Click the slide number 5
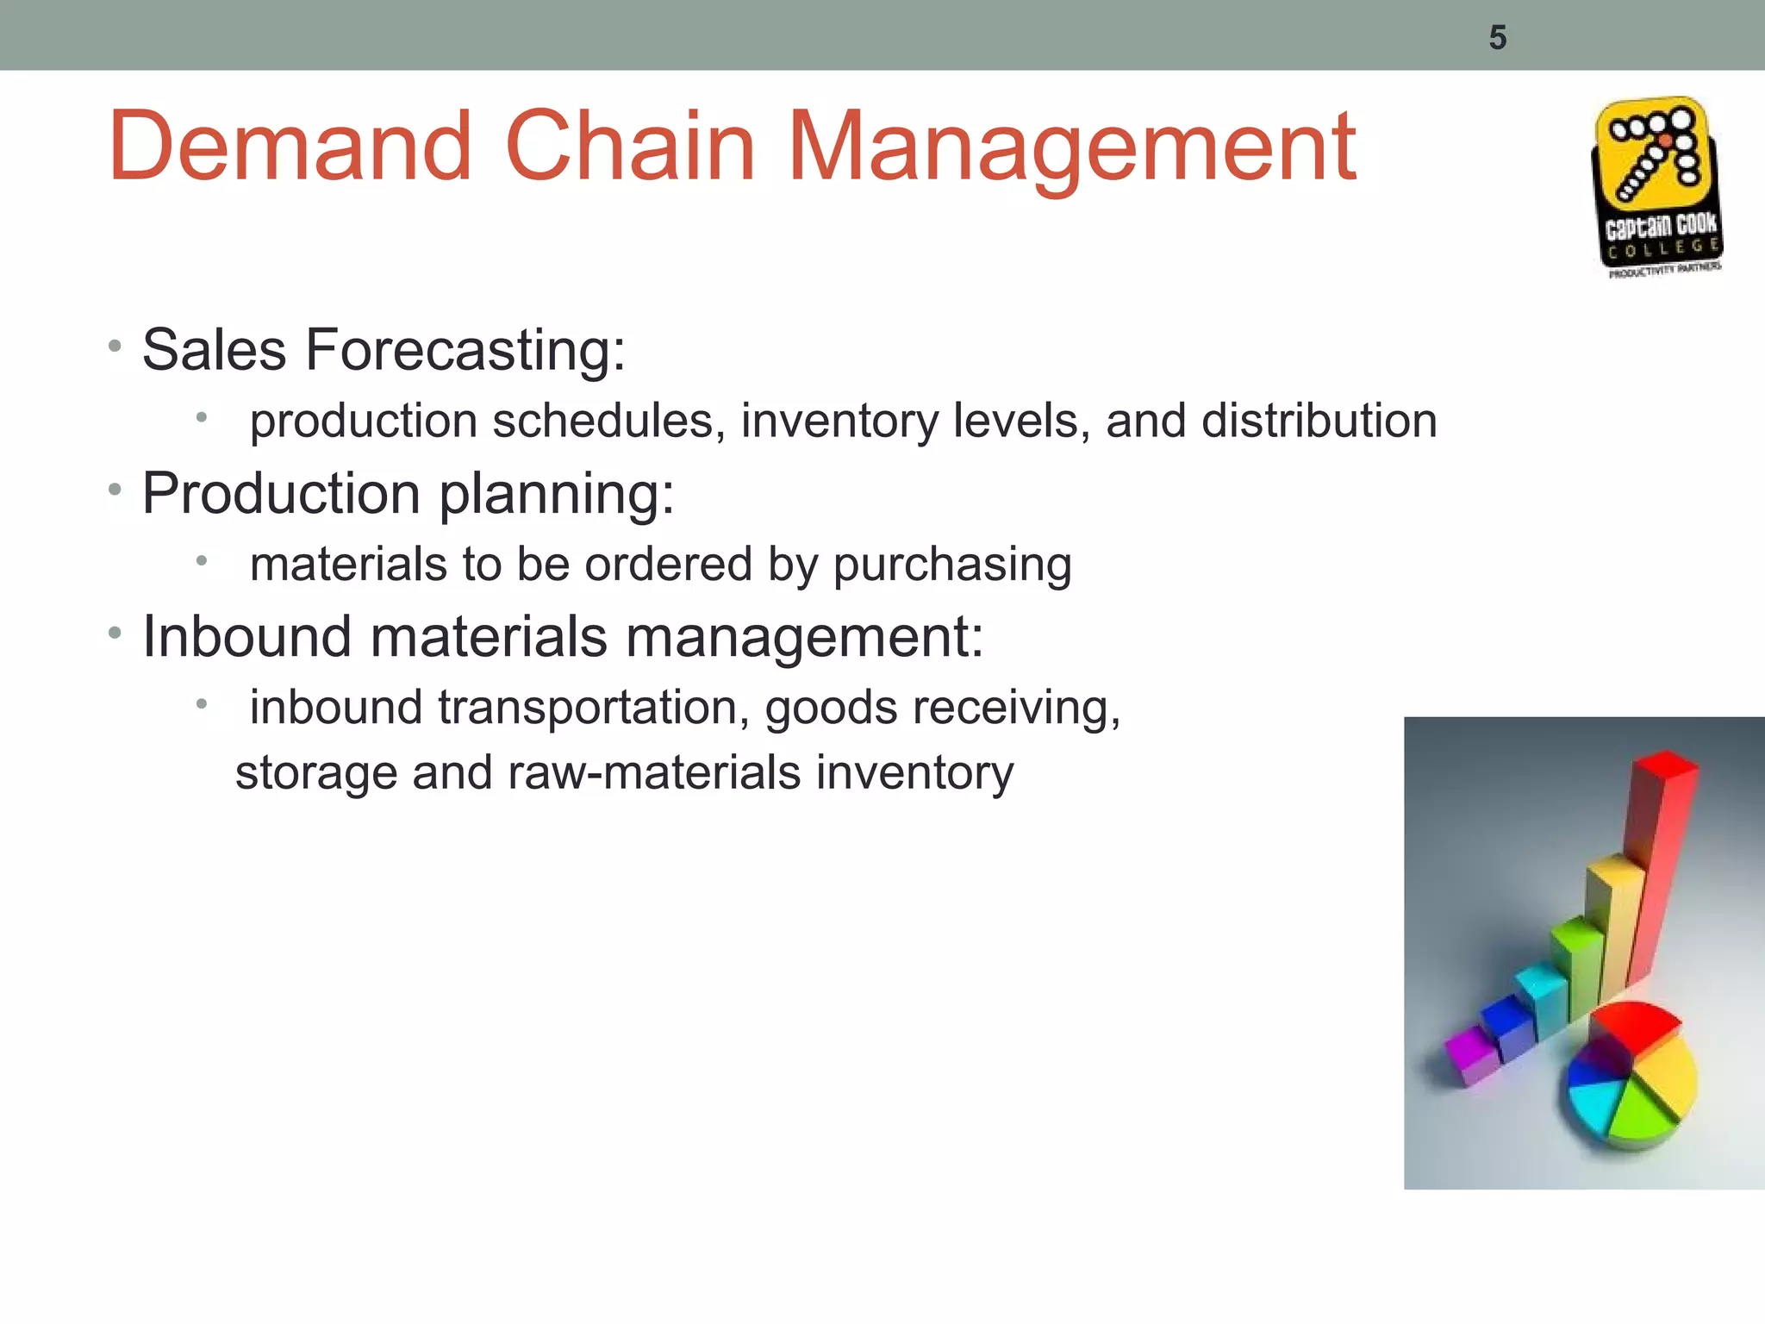pyautogui.click(x=1497, y=38)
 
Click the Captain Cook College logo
pyautogui.click(x=1656, y=187)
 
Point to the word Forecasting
pyautogui.click(x=465, y=351)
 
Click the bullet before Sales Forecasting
pyautogui.click(x=115, y=347)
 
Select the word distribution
pyautogui.click(x=1319, y=422)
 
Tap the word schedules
pyautogui.click(x=608, y=422)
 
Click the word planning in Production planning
pyautogui.click(x=557, y=495)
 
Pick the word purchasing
pyautogui.click(x=952, y=565)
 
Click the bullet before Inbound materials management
pyautogui.click(x=115, y=634)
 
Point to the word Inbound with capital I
pyautogui.click(x=247, y=637)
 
